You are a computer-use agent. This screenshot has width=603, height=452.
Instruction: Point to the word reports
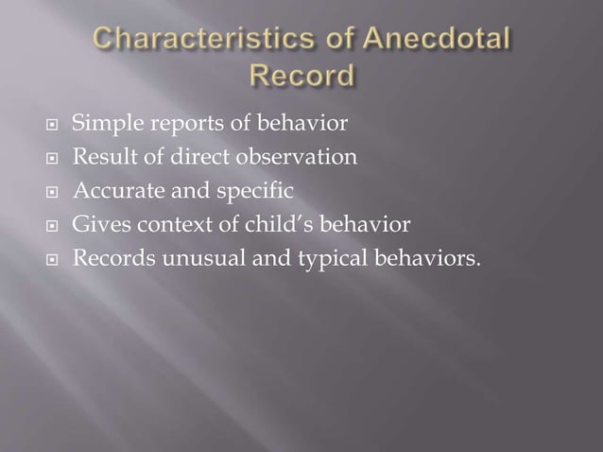pos(175,124)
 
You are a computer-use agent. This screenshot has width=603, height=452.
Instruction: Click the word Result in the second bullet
pos(100,157)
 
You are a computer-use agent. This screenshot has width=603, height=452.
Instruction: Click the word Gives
pos(97,224)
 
